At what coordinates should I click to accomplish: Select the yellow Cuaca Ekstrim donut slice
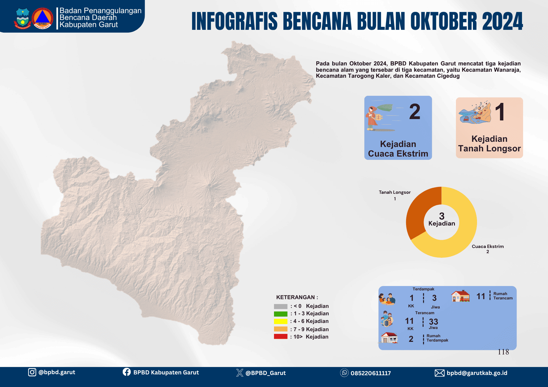pos(463,235)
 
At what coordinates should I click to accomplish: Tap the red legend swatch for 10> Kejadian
pos(281,337)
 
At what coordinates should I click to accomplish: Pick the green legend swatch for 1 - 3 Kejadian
pos(281,314)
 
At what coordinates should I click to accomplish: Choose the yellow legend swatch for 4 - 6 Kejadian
pos(281,321)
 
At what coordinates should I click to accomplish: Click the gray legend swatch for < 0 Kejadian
pos(281,306)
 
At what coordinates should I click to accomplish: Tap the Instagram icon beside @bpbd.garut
pos(32,372)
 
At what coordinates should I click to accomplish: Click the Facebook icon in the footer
pos(127,372)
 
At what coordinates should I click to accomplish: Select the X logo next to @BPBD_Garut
pos(240,373)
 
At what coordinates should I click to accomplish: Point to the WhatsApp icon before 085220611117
pos(344,373)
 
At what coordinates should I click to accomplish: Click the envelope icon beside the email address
pos(439,373)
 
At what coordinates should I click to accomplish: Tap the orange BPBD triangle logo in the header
pos(42,18)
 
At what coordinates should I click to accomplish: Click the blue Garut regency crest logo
pos(23,18)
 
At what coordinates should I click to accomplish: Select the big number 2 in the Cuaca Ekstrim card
pos(415,112)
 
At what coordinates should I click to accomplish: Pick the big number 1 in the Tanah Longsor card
pos(500,112)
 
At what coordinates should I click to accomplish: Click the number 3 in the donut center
pos(442,216)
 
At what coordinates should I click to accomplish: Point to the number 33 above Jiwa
pos(433,322)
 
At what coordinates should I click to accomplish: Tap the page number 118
pos(503,352)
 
